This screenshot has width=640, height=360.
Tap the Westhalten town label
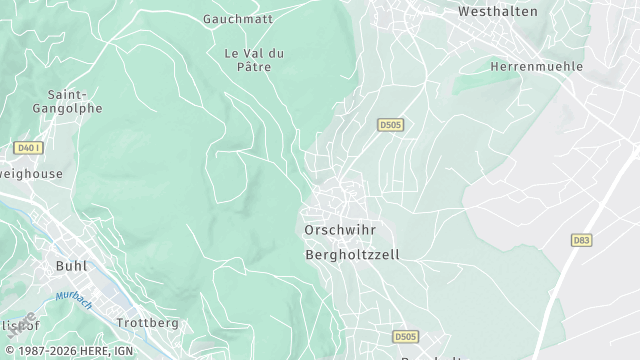point(497,12)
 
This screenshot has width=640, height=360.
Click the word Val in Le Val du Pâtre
point(253,52)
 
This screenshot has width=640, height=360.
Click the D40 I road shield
point(29,148)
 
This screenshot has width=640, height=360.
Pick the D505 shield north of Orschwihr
point(390,125)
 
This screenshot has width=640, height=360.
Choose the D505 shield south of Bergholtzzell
point(404,337)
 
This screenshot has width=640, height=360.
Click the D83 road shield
point(580,240)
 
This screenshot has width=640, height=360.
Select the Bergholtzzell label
point(351,255)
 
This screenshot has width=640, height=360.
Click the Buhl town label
point(66,266)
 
